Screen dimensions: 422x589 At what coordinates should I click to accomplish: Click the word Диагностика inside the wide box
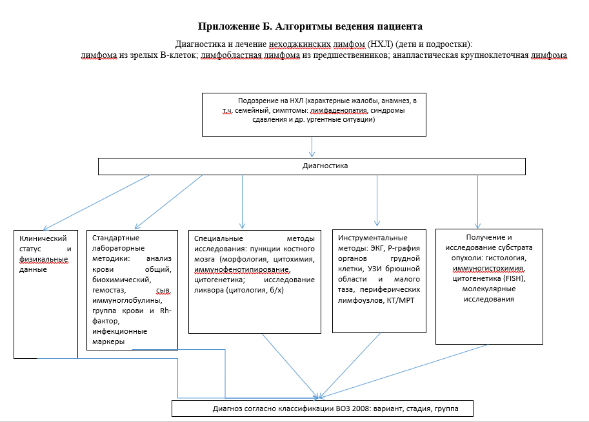point(325,166)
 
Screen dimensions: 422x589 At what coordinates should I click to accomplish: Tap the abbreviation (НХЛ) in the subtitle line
point(379,44)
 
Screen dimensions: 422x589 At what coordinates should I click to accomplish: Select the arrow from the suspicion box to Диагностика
point(312,147)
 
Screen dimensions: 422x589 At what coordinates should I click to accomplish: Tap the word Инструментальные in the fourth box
point(373,238)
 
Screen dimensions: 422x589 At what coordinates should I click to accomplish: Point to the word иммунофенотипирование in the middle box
point(242,269)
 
